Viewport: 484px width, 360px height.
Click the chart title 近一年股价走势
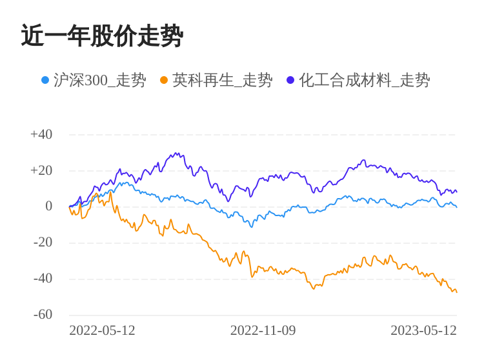pyautogui.click(x=102, y=36)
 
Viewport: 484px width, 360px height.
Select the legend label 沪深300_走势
pyautogui.click(x=99, y=80)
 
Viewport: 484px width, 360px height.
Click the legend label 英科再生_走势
pyautogui.click(x=222, y=80)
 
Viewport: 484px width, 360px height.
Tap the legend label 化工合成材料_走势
pyautogui.click(x=364, y=80)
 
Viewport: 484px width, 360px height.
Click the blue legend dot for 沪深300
pyautogui.click(x=45, y=80)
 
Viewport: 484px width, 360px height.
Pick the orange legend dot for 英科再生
pyautogui.click(x=164, y=80)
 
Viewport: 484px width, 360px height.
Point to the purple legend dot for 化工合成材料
pyautogui.click(x=290, y=80)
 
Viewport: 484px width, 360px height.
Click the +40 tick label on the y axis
pyautogui.click(x=41, y=135)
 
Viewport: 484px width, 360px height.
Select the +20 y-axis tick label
pyautogui.click(x=41, y=171)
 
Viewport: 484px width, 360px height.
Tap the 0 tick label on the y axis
pyautogui.click(x=48, y=206)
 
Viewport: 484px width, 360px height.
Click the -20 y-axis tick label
pyautogui.click(x=43, y=243)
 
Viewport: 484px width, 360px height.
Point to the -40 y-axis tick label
pyautogui.click(x=43, y=279)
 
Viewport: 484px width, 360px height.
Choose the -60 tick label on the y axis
pyautogui.click(x=43, y=315)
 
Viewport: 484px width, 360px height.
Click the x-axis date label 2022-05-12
pyautogui.click(x=102, y=330)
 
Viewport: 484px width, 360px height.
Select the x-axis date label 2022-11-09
pyautogui.click(x=263, y=330)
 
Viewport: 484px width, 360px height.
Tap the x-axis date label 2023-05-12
pyautogui.click(x=423, y=330)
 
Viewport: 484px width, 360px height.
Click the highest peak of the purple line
pyautogui.click(x=176, y=154)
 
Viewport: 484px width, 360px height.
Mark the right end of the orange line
pyautogui.click(x=456, y=292)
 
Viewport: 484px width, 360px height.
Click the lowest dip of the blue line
pyautogui.click(x=251, y=227)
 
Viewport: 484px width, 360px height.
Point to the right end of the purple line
pyautogui.click(x=456, y=192)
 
